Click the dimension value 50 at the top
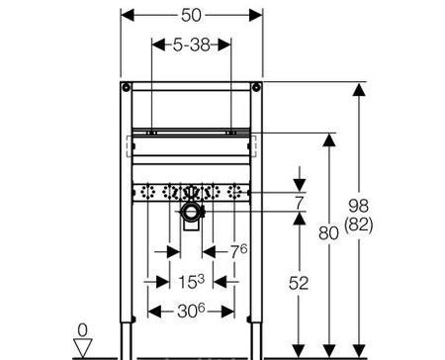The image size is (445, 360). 191,15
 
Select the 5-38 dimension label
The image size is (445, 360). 192,45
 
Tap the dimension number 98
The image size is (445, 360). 359,206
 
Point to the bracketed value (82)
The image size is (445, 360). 359,226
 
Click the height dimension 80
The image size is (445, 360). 328,233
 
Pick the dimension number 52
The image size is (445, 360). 299,283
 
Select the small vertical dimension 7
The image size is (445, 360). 300,202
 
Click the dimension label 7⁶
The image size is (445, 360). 238,251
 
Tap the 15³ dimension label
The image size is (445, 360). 191,281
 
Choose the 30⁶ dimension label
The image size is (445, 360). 191,311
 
